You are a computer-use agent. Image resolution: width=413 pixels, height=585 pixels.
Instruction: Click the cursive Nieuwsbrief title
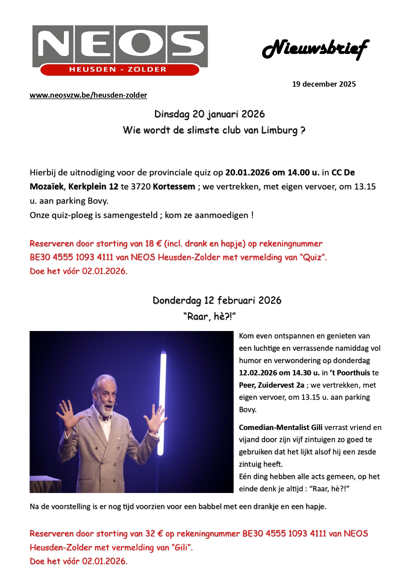click(315, 49)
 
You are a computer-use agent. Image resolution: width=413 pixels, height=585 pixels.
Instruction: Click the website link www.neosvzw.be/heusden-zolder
click(88, 95)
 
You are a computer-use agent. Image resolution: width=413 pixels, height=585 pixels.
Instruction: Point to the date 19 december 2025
click(324, 84)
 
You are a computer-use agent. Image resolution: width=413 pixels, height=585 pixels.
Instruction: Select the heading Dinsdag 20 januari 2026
click(209, 114)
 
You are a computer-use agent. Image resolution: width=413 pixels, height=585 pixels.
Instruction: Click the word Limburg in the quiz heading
click(279, 130)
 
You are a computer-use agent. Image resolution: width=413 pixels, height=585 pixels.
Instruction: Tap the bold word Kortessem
click(174, 186)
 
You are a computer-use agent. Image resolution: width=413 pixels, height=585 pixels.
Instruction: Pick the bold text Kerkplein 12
click(93, 186)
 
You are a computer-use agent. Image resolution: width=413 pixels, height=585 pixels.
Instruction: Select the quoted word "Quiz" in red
click(313, 257)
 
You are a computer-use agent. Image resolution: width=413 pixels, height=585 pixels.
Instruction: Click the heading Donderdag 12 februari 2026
click(217, 300)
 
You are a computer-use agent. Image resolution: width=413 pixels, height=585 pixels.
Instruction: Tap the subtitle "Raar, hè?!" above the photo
click(209, 316)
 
